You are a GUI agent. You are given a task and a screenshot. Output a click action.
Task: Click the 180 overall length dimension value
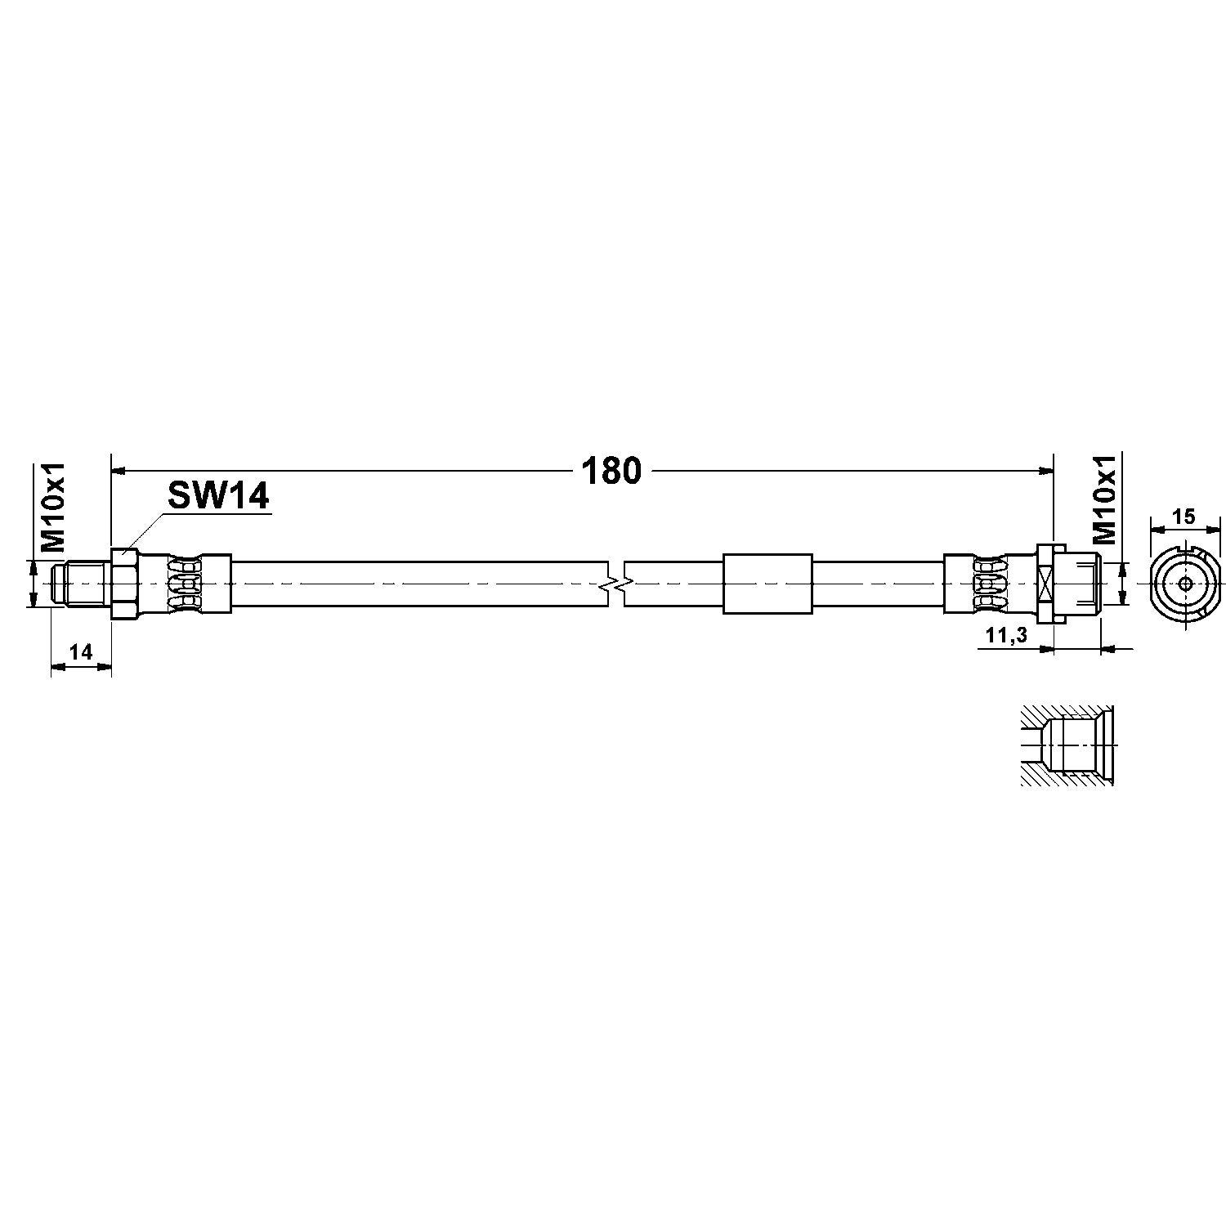point(611,471)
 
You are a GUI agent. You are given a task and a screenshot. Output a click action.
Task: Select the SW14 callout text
point(218,495)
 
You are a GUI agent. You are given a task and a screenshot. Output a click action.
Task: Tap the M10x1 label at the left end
point(54,507)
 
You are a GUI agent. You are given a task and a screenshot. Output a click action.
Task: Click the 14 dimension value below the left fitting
point(80,651)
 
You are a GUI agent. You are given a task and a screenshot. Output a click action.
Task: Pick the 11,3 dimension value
point(1006,637)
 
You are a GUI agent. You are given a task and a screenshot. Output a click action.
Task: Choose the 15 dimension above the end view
point(1183,517)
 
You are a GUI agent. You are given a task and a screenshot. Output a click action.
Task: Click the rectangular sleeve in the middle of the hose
point(767,584)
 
